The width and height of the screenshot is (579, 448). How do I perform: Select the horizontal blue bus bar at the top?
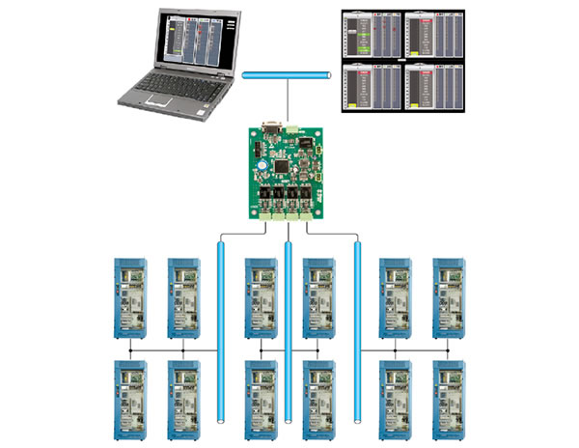coord(289,73)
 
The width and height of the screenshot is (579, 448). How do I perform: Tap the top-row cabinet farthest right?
coord(448,294)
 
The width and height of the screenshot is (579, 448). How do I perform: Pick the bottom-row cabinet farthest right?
coord(448,397)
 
